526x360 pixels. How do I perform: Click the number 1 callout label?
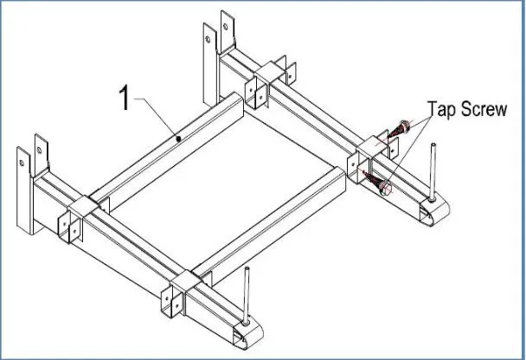[x=125, y=99]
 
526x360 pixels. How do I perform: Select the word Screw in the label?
[x=486, y=109]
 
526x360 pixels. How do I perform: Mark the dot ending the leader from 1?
[x=177, y=138]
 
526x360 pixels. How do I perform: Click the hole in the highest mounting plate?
[x=228, y=26]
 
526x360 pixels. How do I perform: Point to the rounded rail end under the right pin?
[x=433, y=208]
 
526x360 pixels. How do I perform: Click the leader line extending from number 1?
[x=156, y=116]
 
